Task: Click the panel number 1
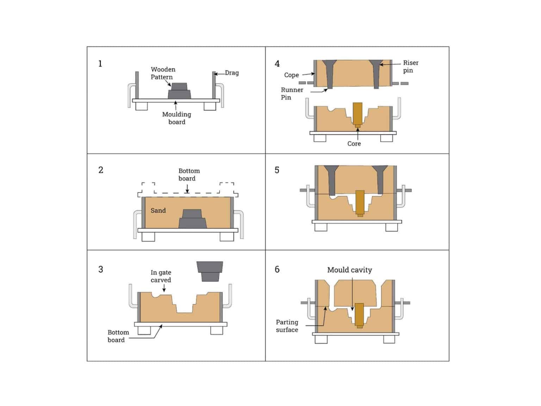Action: click(100, 64)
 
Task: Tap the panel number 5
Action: click(277, 170)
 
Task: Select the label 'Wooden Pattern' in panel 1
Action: click(163, 73)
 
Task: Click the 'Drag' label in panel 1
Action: click(232, 73)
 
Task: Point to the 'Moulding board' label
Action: click(176, 118)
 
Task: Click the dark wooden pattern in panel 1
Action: click(179, 91)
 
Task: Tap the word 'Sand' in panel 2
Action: click(158, 211)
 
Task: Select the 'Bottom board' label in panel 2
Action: click(189, 175)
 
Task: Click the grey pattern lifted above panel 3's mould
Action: click(210, 271)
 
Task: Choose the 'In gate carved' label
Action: click(161, 276)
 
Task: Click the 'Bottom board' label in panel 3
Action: click(118, 336)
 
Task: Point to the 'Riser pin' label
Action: click(410, 67)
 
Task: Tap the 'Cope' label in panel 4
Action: click(291, 75)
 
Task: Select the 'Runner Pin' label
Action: click(292, 94)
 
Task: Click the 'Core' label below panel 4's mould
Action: click(354, 144)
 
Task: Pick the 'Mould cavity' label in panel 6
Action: click(349, 270)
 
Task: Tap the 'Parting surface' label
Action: click(287, 326)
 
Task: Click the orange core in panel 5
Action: click(360, 202)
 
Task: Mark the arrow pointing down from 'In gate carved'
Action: click(164, 288)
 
